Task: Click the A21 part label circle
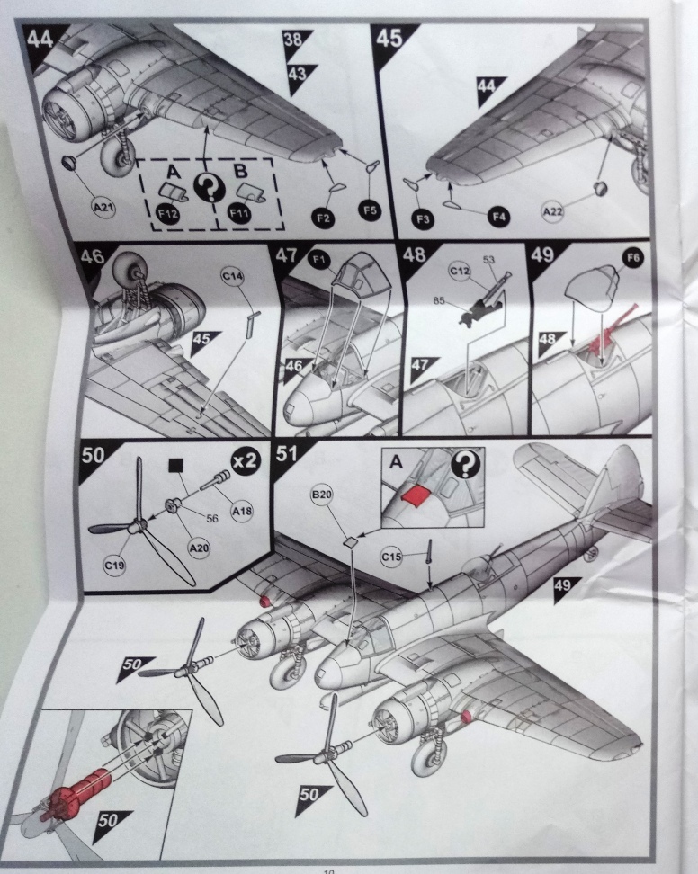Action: (x=103, y=209)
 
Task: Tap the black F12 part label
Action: (x=168, y=213)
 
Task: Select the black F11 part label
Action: (x=239, y=213)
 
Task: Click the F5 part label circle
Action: (x=370, y=210)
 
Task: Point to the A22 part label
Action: (x=552, y=211)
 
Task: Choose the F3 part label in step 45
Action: (x=423, y=219)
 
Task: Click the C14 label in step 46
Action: (x=232, y=276)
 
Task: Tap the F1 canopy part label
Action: (x=319, y=259)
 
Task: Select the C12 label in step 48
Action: (x=460, y=272)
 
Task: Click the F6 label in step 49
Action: (x=633, y=257)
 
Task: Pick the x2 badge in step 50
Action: (x=246, y=459)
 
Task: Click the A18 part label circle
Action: (x=242, y=511)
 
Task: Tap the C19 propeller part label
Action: (x=114, y=566)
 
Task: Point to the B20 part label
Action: (x=322, y=494)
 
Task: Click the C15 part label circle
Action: (x=391, y=557)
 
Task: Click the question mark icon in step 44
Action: (x=209, y=187)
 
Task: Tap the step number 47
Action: (x=286, y=256)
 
